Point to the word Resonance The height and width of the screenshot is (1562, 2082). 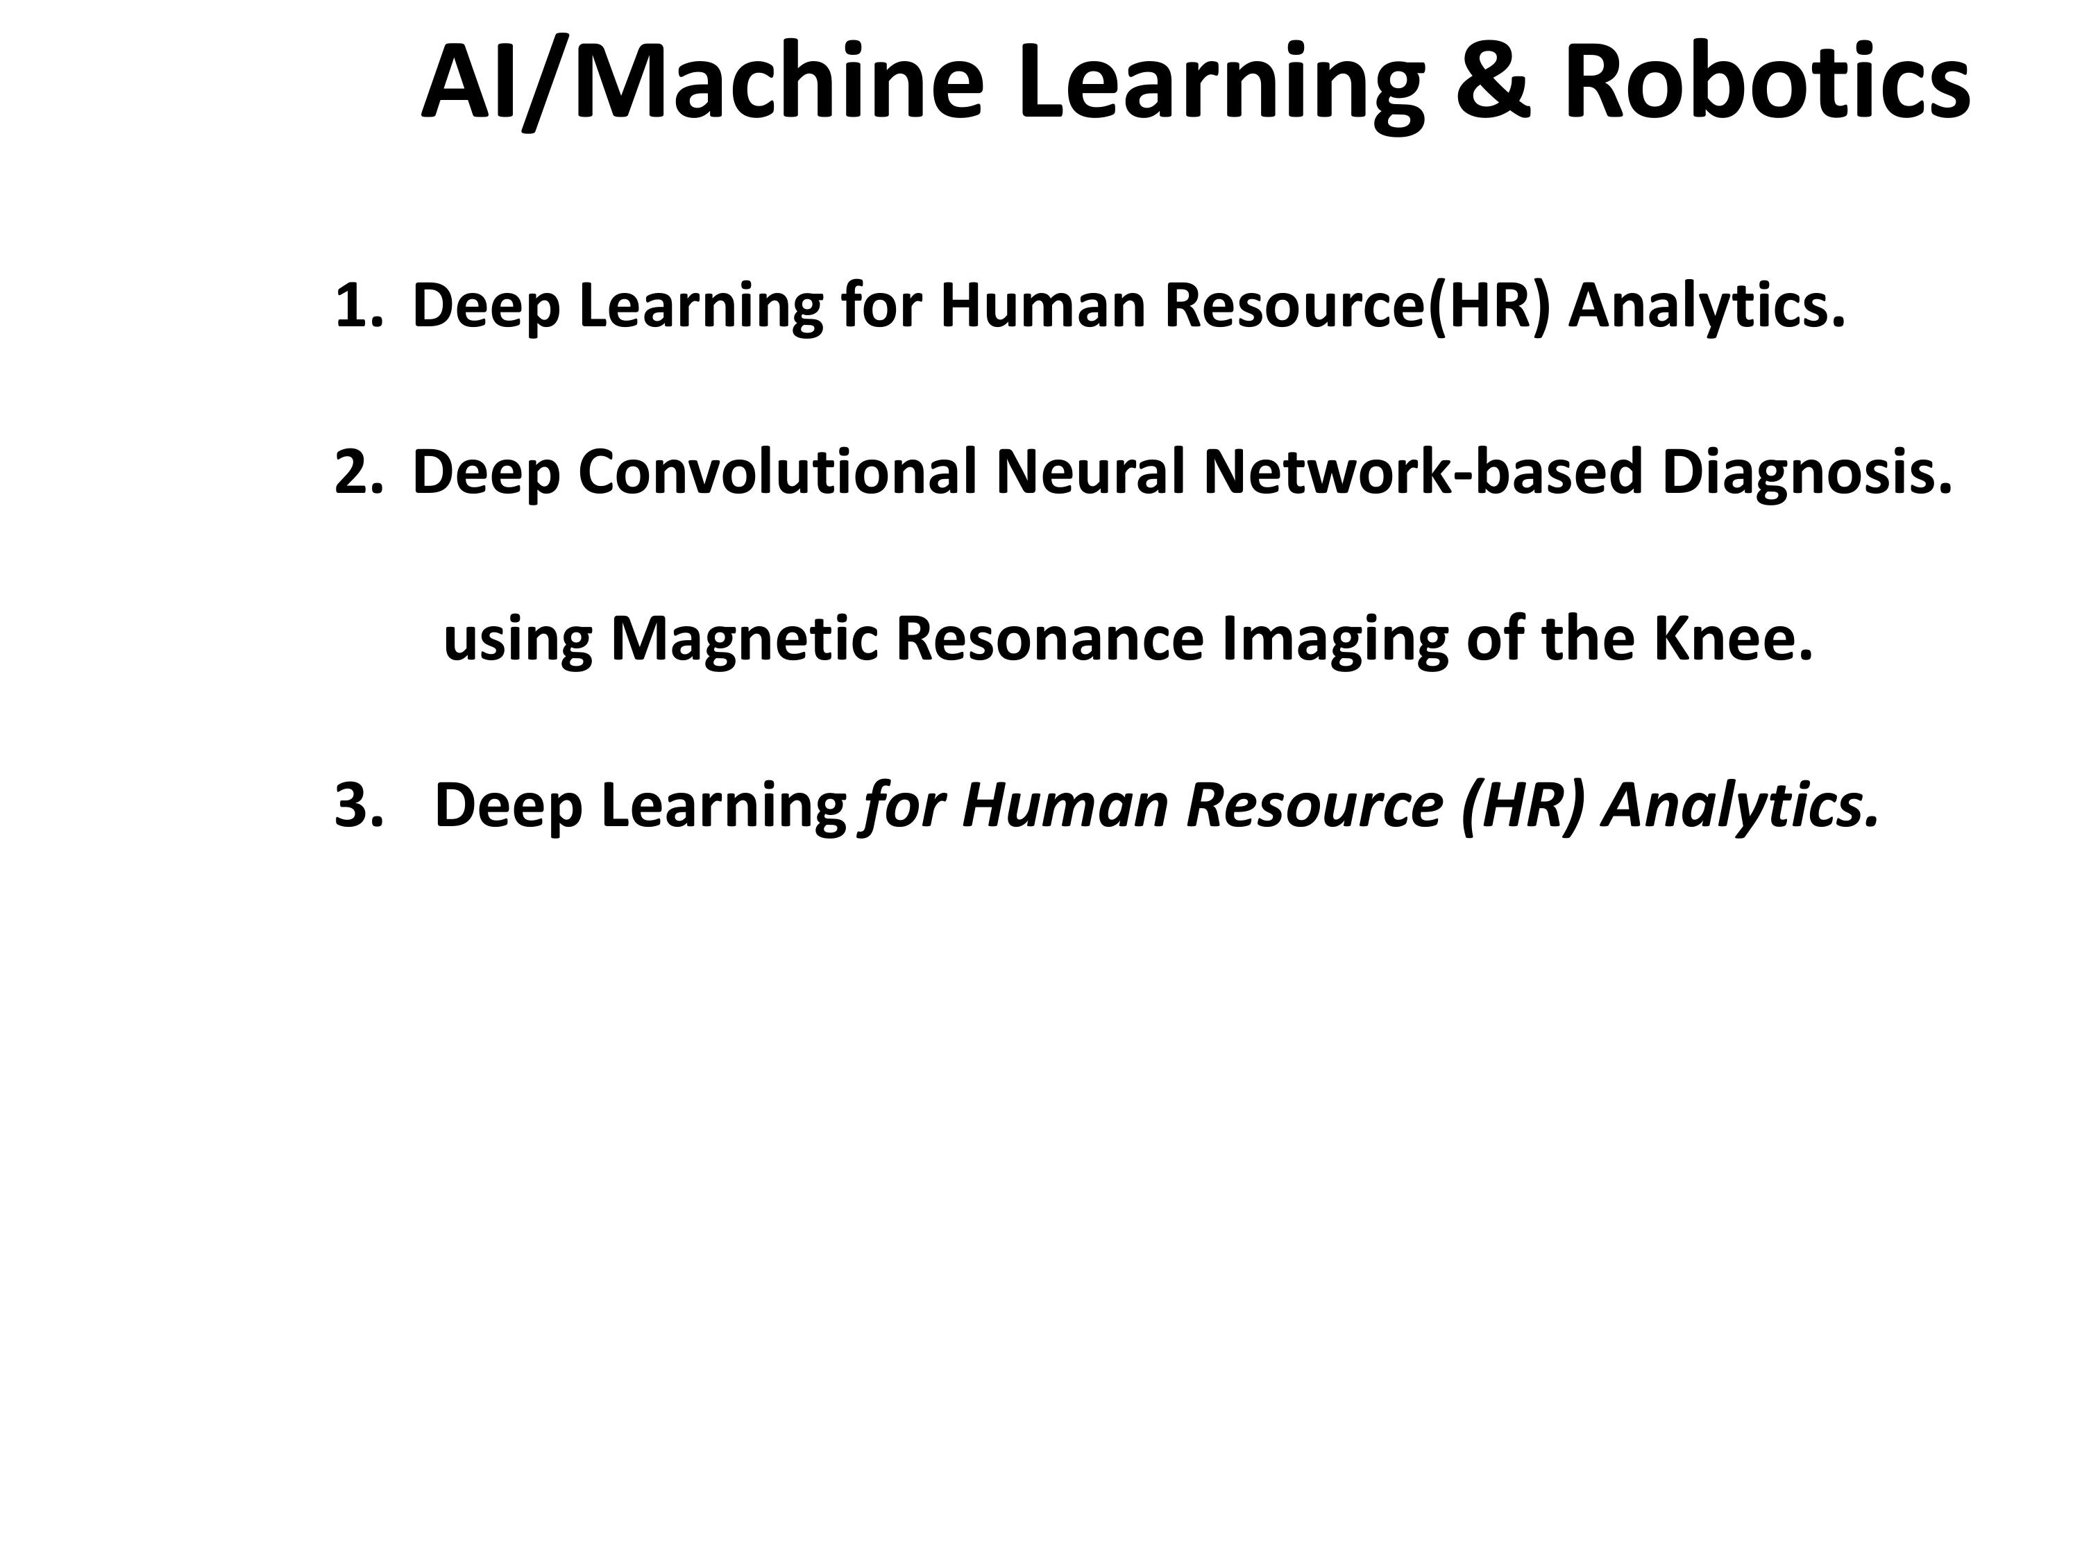pos(1049,639)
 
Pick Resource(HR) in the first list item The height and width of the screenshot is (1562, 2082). pos(1357,307)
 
